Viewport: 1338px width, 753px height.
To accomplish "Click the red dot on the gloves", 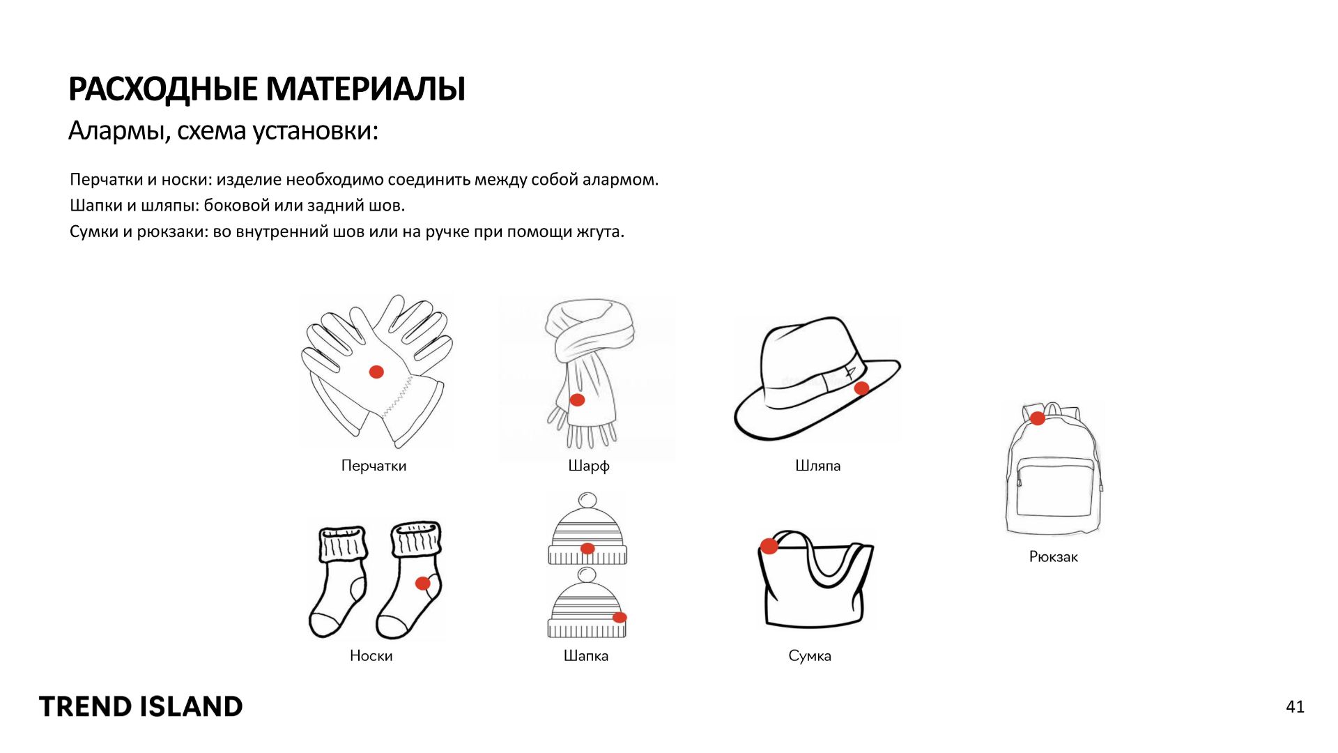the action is (x=376, y=372).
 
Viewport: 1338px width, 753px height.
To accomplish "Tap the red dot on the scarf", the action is (x=577, y=400).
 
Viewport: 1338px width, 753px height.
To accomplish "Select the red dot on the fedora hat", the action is (x=861, y=388).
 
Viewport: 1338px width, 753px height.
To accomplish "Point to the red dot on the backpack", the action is (x=1038, y=418).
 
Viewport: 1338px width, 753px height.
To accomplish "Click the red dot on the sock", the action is (x=423, y=583).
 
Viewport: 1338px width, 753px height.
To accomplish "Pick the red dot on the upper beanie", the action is (x=587, y=549).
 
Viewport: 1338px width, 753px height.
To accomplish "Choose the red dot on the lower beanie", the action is (x=620, y=617).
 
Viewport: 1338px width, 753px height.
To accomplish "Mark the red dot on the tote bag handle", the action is (x=769, y=546).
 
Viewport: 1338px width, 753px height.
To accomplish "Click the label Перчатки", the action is (x=374, y=466).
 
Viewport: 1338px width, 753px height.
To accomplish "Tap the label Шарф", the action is (x=589, y=466).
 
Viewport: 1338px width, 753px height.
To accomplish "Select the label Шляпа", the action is (x=818, y=466).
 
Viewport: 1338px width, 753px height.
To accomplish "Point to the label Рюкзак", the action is (x=1054, y=557).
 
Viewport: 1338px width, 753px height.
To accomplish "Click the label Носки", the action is (x=371, y=656).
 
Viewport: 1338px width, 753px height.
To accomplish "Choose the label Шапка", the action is (x=586, y=656).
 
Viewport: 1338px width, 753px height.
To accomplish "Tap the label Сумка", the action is (x=810, y=656).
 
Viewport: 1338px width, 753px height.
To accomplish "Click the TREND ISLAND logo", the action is (x=141, y=707).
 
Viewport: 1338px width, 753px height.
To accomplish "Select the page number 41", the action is (x=1295, y=707).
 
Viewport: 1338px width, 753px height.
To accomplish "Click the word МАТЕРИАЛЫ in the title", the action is (x=365, y=89).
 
